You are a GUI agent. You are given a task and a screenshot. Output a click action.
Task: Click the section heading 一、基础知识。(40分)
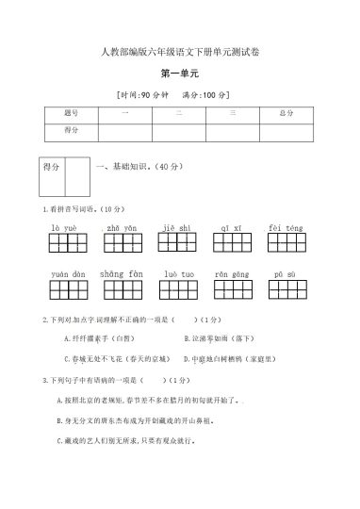click(141, 167)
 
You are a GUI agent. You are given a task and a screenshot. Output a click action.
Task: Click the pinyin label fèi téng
click(286, 228)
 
